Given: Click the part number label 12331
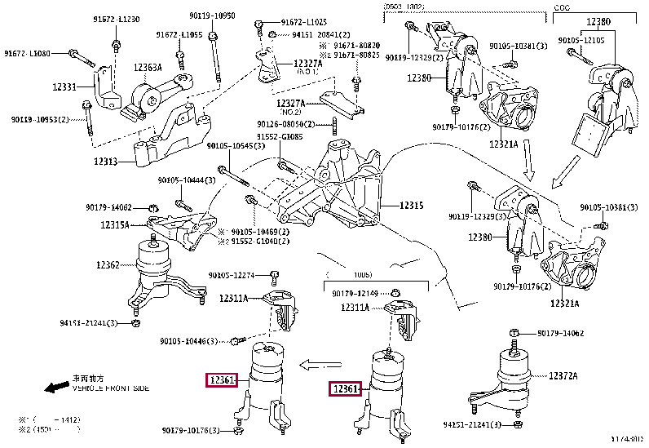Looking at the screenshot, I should pyautogui.click(x=66, y=86).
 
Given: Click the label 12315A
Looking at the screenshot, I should pyautogui.click(x=115, y=224).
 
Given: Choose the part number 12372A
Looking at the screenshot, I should pyautogui.click(x=563, y=375).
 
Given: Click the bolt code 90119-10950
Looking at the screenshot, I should pyautogui.click(x=212, y=16).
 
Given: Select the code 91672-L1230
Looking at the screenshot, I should pyautogui.click(x=116, y=20).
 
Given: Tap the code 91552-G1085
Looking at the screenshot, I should pyautogui.click(x=280, y=137).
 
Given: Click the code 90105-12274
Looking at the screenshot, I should pyautogui.click(x=232, y=275).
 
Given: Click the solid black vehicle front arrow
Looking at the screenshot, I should pyautogui.click(x=55, y=387).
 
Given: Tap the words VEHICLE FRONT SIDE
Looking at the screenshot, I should pyautogui.click(x=110, y=388).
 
